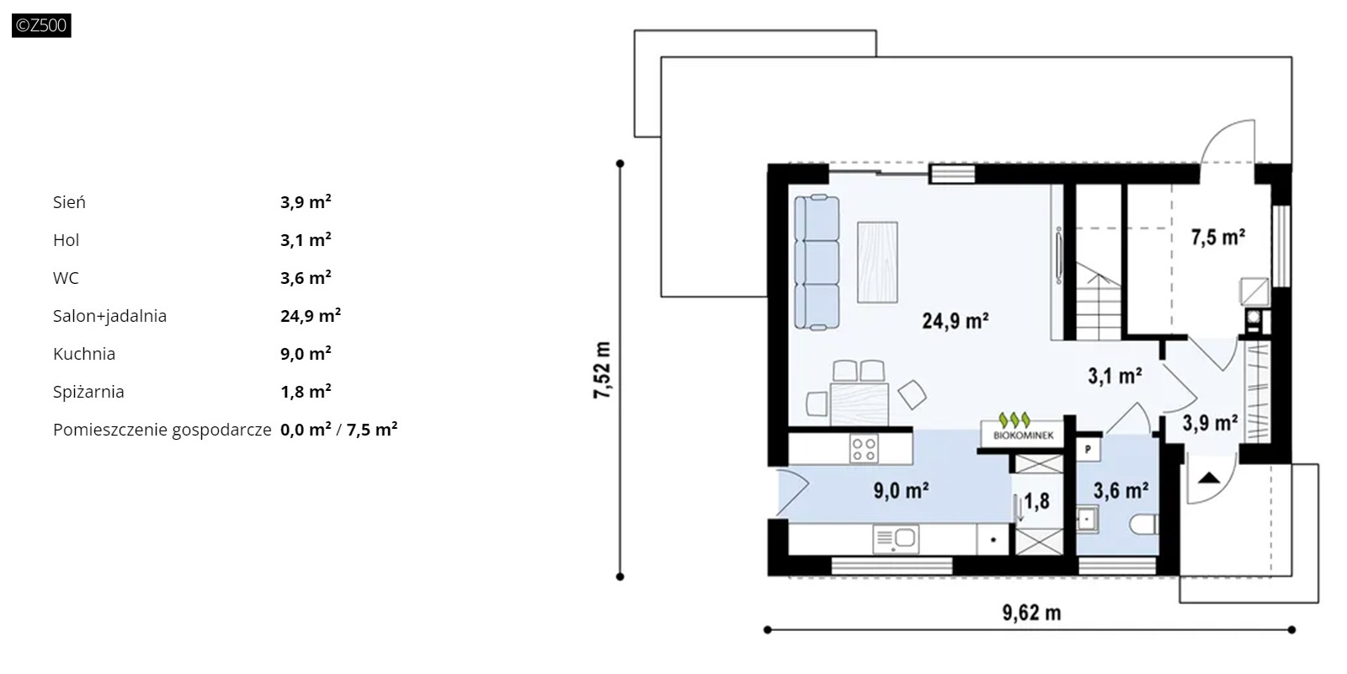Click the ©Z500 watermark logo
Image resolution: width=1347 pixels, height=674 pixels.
(x=41, y=25)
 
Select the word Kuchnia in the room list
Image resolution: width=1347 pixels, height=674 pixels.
(x=84, y=354)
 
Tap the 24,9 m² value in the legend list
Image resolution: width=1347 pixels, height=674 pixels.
(x=311, y=315)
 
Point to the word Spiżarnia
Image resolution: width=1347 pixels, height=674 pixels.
(x=88, y=392)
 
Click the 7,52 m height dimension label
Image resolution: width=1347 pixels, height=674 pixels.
(x=602, y=370)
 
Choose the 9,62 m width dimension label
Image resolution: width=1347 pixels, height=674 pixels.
(x=1031, y=612)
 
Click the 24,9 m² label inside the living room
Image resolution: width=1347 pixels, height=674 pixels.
(x=956, y=321)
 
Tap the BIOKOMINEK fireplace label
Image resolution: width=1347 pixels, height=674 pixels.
(x=1023, y=436)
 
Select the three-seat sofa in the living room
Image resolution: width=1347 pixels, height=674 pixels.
(x=817, y=262)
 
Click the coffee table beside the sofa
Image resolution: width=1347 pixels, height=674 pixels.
(x=877, y=262)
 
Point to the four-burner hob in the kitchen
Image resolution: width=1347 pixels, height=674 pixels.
(x=864, y=449)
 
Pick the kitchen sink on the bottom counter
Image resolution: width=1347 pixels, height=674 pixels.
(x=896, y=538)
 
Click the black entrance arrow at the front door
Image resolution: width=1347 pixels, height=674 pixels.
(x=1209, y=479)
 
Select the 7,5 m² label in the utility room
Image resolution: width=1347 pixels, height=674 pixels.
(x=1217, y=238)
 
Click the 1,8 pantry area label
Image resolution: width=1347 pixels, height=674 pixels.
(x=1036, y=500)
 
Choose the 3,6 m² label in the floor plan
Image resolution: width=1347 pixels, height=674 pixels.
(x=1121, y=490)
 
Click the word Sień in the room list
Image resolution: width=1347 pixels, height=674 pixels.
(x=69, y=202)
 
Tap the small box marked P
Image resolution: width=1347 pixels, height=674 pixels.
(x=1088, y=450)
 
